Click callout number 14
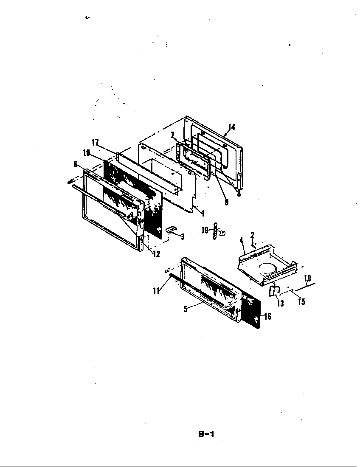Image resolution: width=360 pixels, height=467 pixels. coord(231,127)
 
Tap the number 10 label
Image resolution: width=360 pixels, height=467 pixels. coord(87,153)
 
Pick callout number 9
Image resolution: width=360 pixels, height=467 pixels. coord(226,203)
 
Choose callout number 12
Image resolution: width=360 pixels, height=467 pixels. coord(157,254)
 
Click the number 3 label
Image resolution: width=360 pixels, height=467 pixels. coord(182,236)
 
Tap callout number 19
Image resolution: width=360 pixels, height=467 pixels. coord(205,230)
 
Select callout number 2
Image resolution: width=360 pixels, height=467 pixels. coord(252,234)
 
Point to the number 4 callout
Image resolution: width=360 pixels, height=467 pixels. coord(241,240)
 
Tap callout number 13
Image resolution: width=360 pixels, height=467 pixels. coord(281,304)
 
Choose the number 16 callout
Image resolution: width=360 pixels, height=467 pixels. coord(267,316)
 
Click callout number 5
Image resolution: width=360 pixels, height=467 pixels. coord(185,309)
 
